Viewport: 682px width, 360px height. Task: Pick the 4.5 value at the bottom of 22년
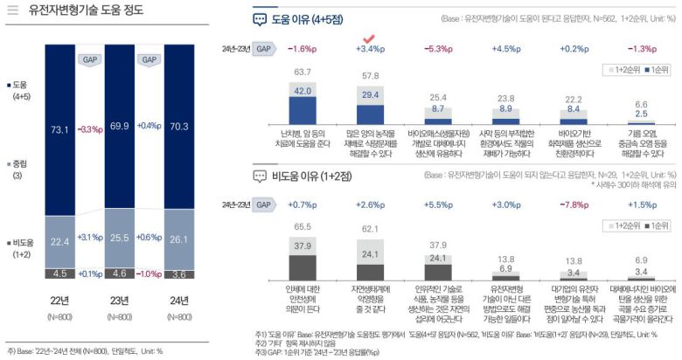(59, 273)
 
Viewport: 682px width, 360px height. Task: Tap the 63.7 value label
(303, 72)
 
